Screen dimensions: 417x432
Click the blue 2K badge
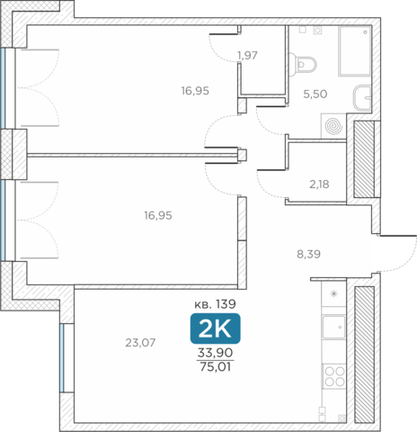215,328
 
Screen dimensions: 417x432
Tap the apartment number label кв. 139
215,304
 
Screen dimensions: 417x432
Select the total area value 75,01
215,367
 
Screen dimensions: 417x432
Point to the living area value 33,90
215,353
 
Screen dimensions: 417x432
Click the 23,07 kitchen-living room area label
140,343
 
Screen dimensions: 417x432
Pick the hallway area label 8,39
308,255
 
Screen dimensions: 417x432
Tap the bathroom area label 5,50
315,94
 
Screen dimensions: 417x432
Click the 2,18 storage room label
319,184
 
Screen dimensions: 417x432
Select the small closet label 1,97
247,56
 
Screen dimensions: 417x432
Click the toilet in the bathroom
303,64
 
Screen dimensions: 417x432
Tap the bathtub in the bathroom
355,51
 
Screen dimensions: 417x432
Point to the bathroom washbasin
362,98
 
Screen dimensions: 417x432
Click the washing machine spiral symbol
333,126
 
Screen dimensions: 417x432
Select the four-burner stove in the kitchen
334,376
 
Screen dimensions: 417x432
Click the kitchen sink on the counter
333,327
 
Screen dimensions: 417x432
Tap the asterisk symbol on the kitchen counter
333,293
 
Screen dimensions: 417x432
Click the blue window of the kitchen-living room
62,358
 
